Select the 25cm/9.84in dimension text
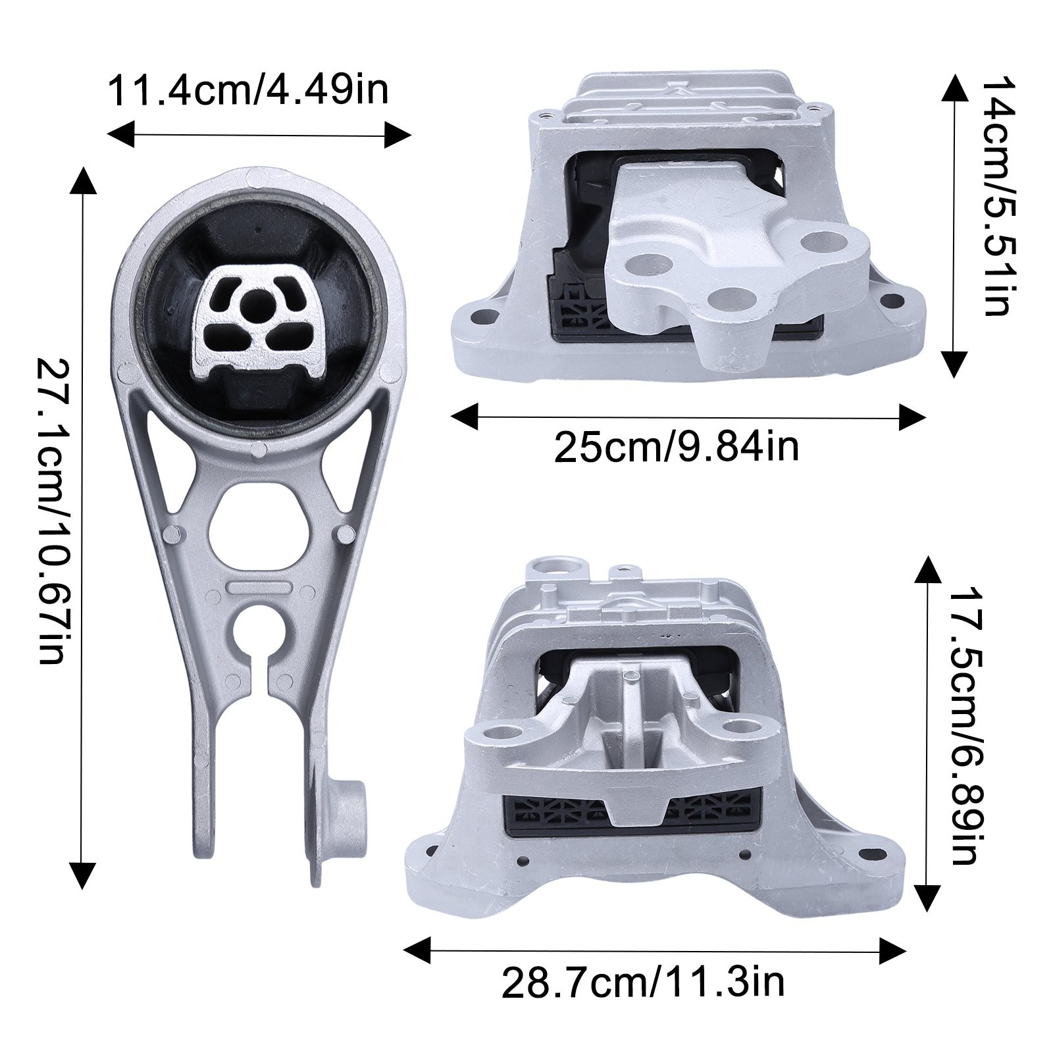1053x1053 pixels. tap(677, 447)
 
